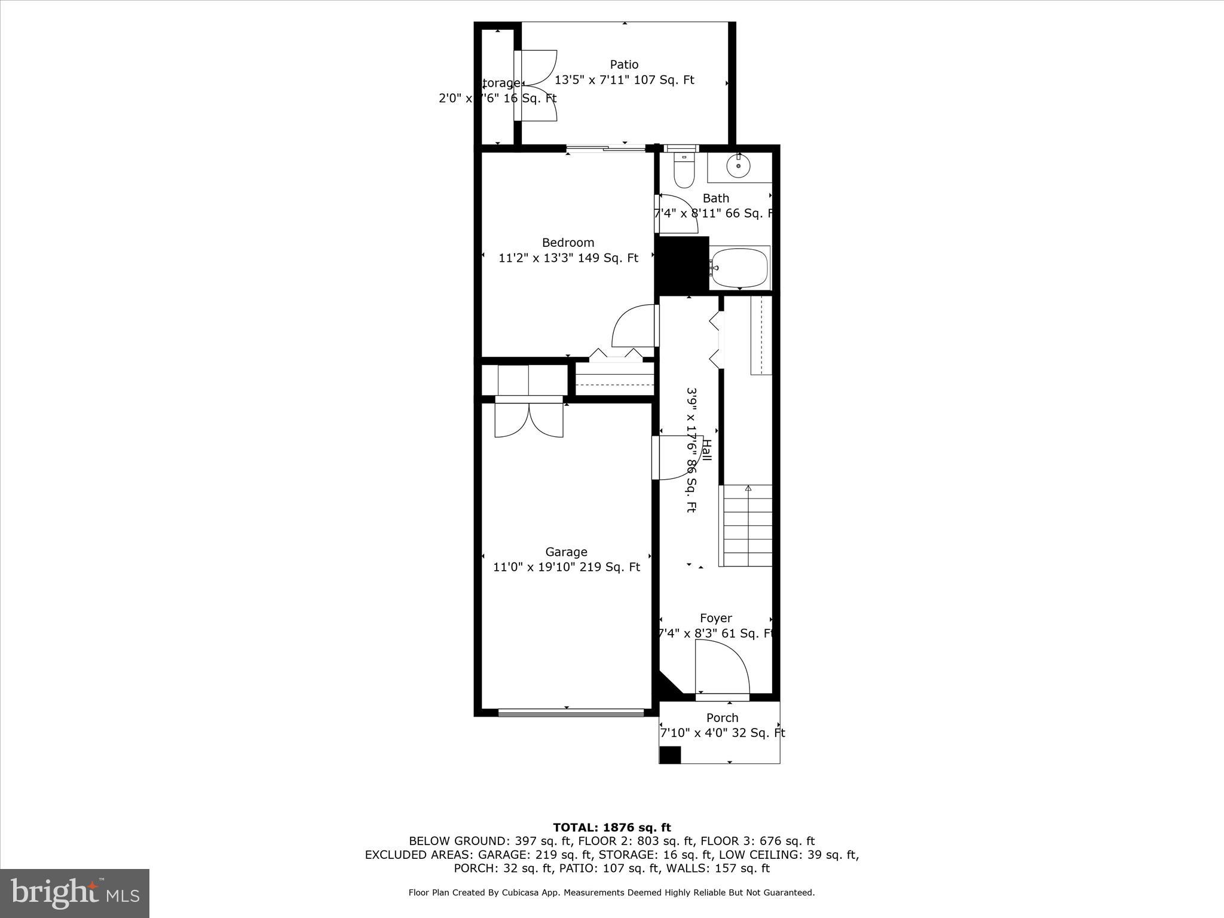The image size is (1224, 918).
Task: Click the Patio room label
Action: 624,65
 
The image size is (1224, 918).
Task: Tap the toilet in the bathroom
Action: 684,170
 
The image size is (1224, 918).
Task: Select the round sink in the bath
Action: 739,166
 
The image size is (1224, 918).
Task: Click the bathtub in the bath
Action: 739,268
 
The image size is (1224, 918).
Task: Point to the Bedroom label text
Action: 568,243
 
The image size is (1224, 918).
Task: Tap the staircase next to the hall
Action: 748,526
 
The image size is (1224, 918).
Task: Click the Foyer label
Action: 715,619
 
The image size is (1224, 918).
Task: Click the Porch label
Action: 722,718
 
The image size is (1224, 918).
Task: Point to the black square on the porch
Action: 670,755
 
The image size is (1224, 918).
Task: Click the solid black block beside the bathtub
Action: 682,264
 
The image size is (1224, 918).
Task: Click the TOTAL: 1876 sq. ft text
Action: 611,828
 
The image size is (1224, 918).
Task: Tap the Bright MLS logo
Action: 75,893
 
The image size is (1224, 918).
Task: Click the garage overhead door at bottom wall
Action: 571,712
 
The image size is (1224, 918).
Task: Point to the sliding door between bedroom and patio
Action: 606,148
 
